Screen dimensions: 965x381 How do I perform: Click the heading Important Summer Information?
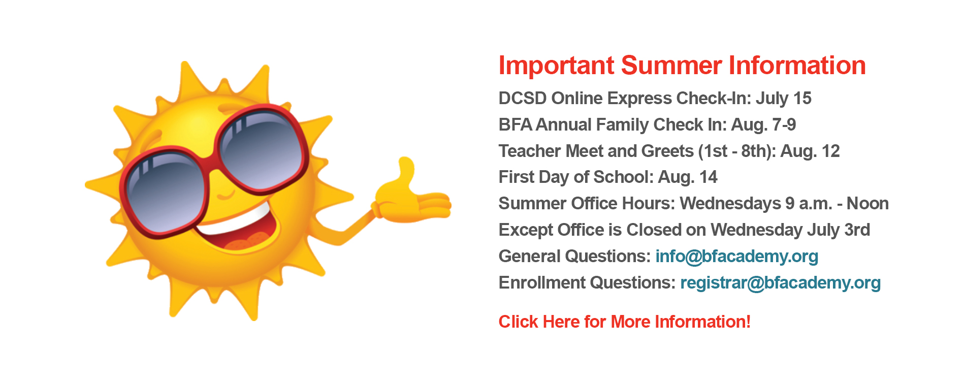click(682, 66)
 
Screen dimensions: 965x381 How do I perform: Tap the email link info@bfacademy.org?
click(737, 257)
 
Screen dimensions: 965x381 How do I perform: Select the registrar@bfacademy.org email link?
click(781, 283)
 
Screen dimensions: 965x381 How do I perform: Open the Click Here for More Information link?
click(625, 322)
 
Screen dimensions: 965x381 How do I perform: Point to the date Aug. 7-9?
click(763, 125)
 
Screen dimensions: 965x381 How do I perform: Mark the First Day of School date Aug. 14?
click(688, 177)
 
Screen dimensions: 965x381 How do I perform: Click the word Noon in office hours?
click(867, 203)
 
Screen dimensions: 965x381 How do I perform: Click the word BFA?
click(516, 125)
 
